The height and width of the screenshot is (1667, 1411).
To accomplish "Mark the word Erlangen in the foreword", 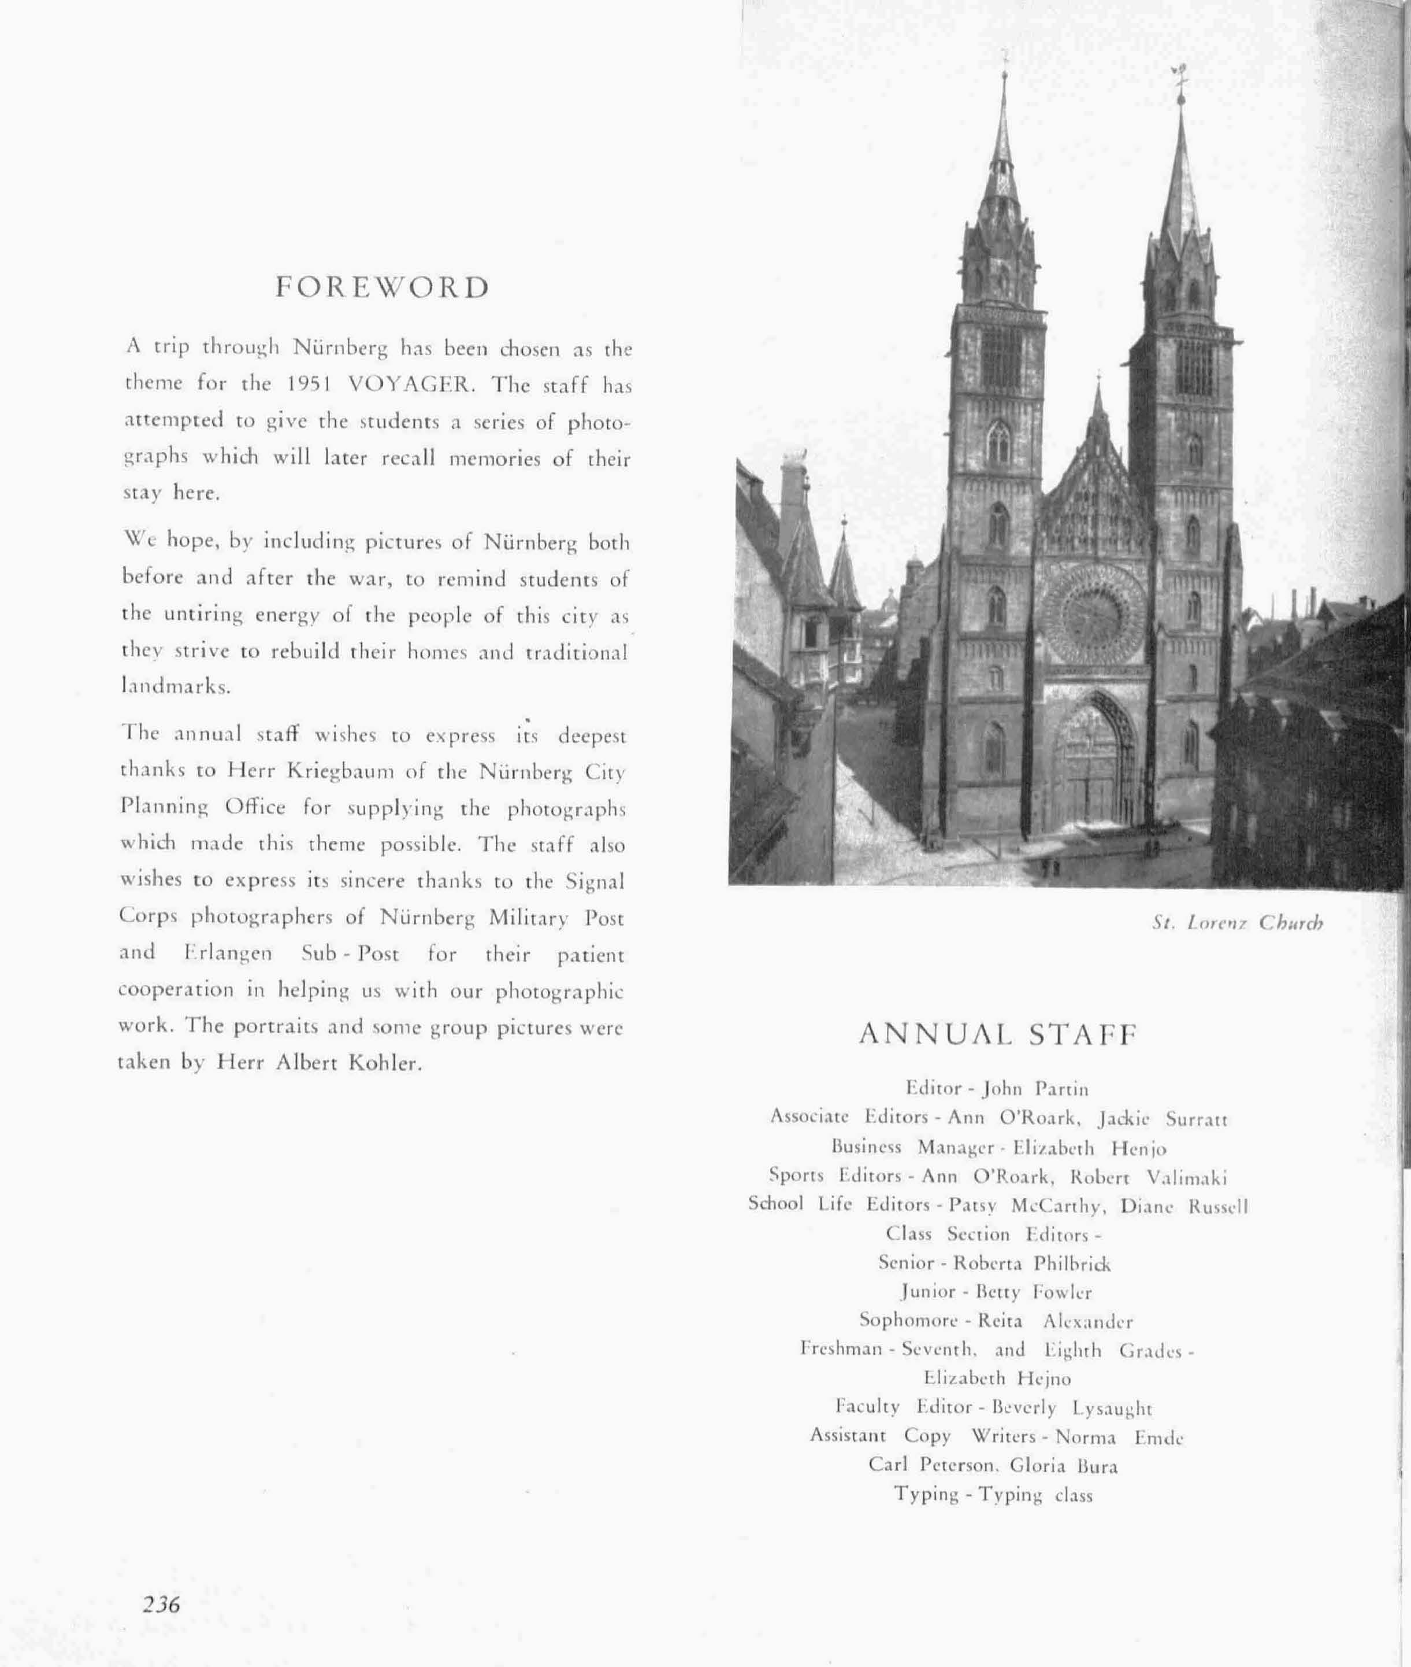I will click(228, 954).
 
